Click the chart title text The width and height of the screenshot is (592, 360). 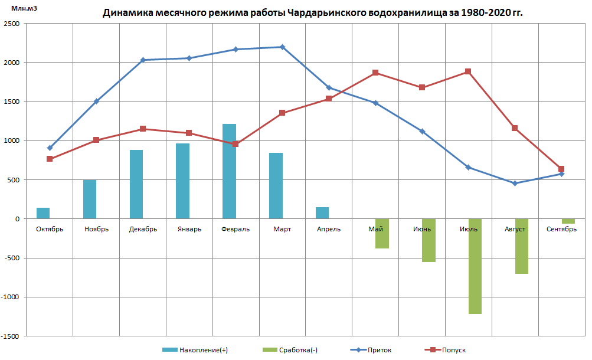point(312,12)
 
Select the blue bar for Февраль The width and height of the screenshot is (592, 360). point(229,171)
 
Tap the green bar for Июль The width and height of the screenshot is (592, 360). point(475,266)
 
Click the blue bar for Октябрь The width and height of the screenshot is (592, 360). point(43,213)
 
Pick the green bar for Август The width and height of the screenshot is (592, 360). point(521,246)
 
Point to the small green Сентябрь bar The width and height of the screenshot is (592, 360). point(568,221)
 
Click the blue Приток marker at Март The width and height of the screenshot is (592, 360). point(282,47)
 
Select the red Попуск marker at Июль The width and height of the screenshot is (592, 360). point(468,71)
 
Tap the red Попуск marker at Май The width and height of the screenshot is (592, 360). point(375,73)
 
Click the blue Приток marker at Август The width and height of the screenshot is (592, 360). point(515,184)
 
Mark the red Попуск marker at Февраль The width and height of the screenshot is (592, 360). point(236,144)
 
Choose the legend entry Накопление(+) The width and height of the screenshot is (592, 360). point(196,350)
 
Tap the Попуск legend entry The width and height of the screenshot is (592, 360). point(447,350)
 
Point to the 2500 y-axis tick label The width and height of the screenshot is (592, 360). point(11,24)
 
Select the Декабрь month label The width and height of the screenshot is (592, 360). point(143,229)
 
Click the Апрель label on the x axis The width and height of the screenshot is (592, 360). point(328,229)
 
